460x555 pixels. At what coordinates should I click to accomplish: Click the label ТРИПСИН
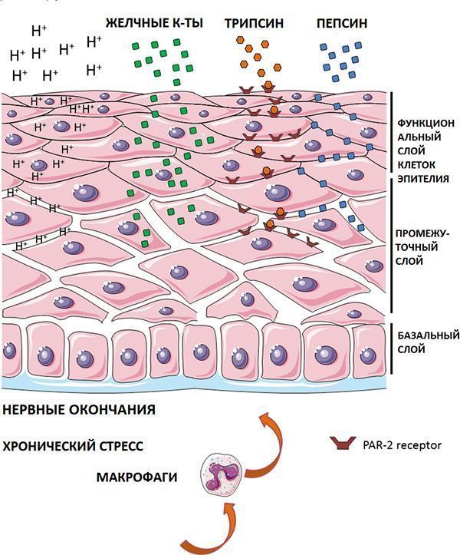254,23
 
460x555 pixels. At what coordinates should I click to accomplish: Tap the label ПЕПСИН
342,23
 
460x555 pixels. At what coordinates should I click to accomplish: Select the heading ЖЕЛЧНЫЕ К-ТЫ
154,23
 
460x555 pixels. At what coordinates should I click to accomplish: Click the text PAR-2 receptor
402,445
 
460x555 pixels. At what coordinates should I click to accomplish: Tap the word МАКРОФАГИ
136,477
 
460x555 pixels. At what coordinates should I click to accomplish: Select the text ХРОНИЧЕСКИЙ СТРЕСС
73,446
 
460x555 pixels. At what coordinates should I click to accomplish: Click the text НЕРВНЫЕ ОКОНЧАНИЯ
79,410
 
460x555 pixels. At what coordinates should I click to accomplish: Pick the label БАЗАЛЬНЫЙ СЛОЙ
428,342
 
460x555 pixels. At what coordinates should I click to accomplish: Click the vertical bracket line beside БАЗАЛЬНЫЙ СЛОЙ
392,349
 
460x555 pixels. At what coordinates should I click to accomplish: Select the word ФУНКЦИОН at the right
426,123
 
